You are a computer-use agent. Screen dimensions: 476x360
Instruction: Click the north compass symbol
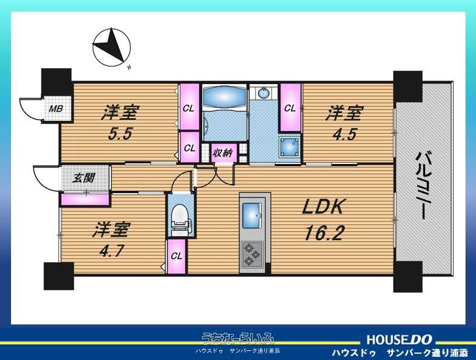[111, 48]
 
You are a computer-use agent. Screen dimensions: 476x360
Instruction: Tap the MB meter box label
[56, 108]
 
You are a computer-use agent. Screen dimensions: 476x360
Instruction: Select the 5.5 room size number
[121, 134]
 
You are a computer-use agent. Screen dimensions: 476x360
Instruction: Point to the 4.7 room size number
[111, 251]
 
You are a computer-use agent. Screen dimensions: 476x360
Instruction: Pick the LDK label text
[323, 208]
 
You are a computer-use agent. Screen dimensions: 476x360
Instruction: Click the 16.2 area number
[324, 234]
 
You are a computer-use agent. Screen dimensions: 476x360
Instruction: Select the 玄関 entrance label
[84, 178]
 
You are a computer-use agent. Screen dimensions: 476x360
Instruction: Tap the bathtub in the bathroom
[224, 95]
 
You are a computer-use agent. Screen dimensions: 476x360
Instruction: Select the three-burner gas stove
[253, 254]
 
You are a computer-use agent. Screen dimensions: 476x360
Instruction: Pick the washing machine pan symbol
[289, 147]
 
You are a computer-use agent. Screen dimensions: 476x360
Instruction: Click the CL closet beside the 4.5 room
[290, 108]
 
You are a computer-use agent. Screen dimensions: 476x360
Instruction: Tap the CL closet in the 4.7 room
[176, 257]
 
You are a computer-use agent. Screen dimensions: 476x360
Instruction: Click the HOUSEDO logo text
[399, 339]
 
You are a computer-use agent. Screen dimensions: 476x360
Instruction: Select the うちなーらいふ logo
[238, 338]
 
